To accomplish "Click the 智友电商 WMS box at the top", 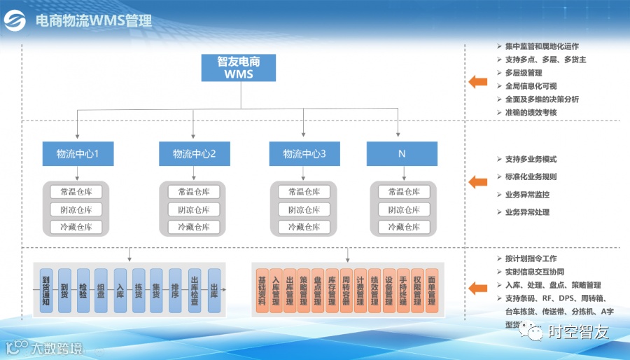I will (x=239, y=68).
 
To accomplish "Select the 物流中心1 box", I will (x=76, y=154).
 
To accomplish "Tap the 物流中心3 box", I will (x=304, y=154).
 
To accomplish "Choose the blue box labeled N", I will (x=402, y=154).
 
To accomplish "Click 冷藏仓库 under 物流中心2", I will (x=193, y=227).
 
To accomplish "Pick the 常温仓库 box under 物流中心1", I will (x=76, y=192).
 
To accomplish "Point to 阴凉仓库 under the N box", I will (x=404, y=209).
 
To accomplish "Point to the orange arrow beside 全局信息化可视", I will (x=477, y=81).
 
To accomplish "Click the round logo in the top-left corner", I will (x=15, y=20).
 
